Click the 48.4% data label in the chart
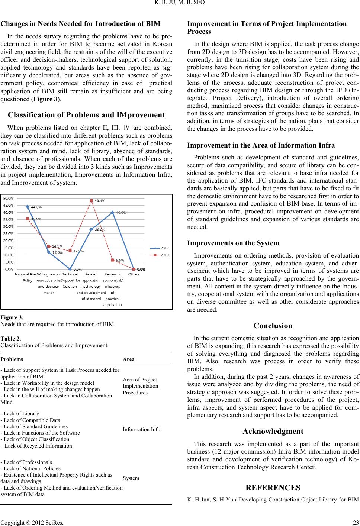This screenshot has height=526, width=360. (100, 201)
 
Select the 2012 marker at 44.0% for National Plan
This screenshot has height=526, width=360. (28, 207)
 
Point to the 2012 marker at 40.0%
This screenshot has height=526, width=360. (112, 212)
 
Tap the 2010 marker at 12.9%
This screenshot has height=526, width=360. (70, 251)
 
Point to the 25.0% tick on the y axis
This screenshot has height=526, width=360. (9, 233)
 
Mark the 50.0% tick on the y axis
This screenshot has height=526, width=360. (9, 199)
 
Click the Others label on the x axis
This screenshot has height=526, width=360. (134, 274)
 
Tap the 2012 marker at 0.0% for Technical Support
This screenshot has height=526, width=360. (70, 269)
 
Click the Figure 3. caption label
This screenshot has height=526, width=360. (12, 317)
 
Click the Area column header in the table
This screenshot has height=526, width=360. (129, 359)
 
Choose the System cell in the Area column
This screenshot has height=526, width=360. (131, 478)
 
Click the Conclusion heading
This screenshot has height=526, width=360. (273, 326)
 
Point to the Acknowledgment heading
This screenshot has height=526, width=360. (273, 432)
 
